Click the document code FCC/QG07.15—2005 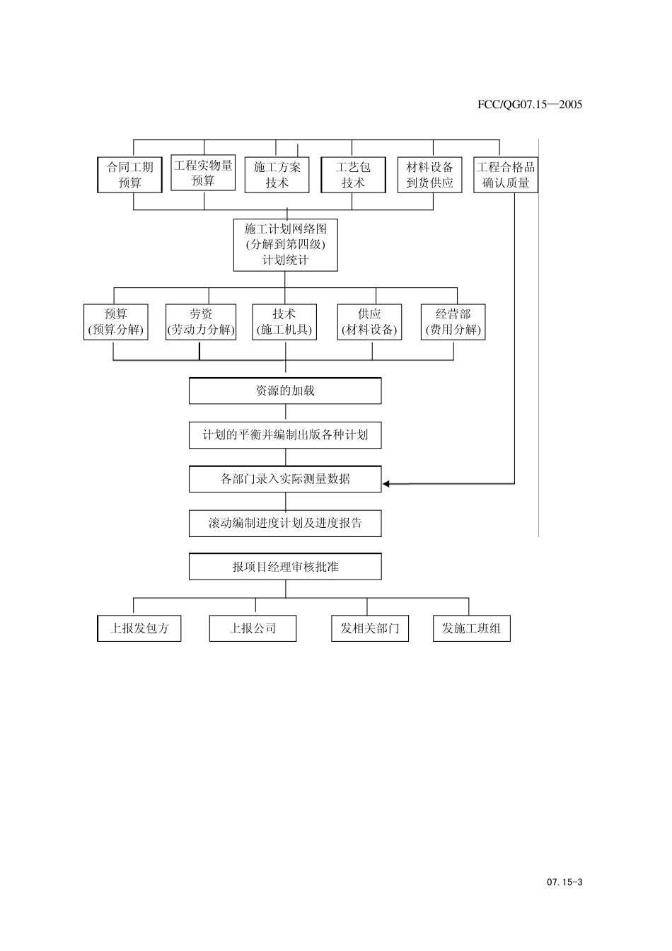tap(529, 104)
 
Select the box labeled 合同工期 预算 tap(129, 175)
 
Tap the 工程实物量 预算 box tap(203, 173)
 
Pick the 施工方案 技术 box tap(277, 175)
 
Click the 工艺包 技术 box tap(353, 175)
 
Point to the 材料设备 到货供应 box tap(429, 175)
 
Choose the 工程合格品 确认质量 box tap(505, 175)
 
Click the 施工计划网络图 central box tap(285, 245)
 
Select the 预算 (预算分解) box tap(116, 322)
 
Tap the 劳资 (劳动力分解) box tap(201, 322)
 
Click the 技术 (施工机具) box tap(284, 322)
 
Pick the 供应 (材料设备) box tap(369, 322)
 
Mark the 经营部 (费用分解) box tap(453, 322)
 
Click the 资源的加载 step tap(285, 391)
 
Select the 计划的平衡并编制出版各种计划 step tap(285, 435)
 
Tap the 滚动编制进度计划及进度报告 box tap(285, 524)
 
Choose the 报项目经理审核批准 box tap(285, 567)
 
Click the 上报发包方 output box tap(139, 628)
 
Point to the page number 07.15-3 tap(564, 882)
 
